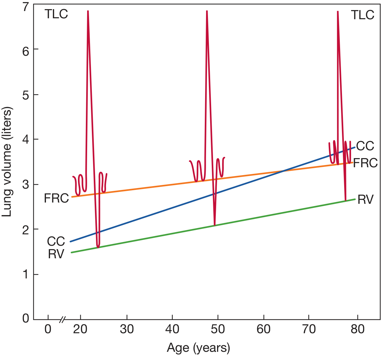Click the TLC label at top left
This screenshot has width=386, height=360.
56,14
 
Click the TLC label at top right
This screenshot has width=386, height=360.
362,15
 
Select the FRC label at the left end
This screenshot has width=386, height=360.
56,198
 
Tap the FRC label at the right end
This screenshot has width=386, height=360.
365,163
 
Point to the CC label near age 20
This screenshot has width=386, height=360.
56,242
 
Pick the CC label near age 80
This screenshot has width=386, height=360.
365,146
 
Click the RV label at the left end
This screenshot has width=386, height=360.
56,254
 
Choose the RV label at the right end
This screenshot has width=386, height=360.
365,200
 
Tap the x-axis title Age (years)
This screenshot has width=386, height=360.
199,348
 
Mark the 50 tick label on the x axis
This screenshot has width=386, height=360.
218,329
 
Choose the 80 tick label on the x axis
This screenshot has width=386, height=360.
357,329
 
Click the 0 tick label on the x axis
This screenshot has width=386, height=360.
48,329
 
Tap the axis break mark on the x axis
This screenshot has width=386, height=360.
63,319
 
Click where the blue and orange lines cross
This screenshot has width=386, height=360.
283,171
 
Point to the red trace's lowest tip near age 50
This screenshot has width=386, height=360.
215,225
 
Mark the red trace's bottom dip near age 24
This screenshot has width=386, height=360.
98,247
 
